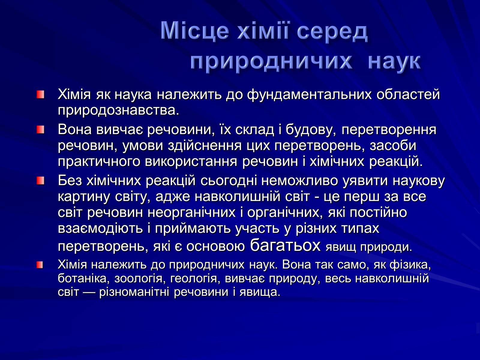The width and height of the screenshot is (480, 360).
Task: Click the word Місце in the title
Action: tap(195, 31)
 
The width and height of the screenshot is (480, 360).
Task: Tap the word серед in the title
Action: tap(332, 33)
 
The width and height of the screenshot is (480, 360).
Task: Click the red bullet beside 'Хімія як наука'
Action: tap(40, 95)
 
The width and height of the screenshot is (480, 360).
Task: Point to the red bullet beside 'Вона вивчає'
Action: tap(40, 130)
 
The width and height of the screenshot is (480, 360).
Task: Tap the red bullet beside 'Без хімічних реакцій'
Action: tap(40, 181)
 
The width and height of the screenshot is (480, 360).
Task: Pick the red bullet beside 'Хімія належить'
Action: tap(40, 265)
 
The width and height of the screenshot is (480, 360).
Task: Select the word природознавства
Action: tap(118, 111)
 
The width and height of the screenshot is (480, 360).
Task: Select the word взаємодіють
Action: tap(100, 229)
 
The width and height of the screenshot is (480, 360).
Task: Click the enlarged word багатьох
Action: tap(285, 245)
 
